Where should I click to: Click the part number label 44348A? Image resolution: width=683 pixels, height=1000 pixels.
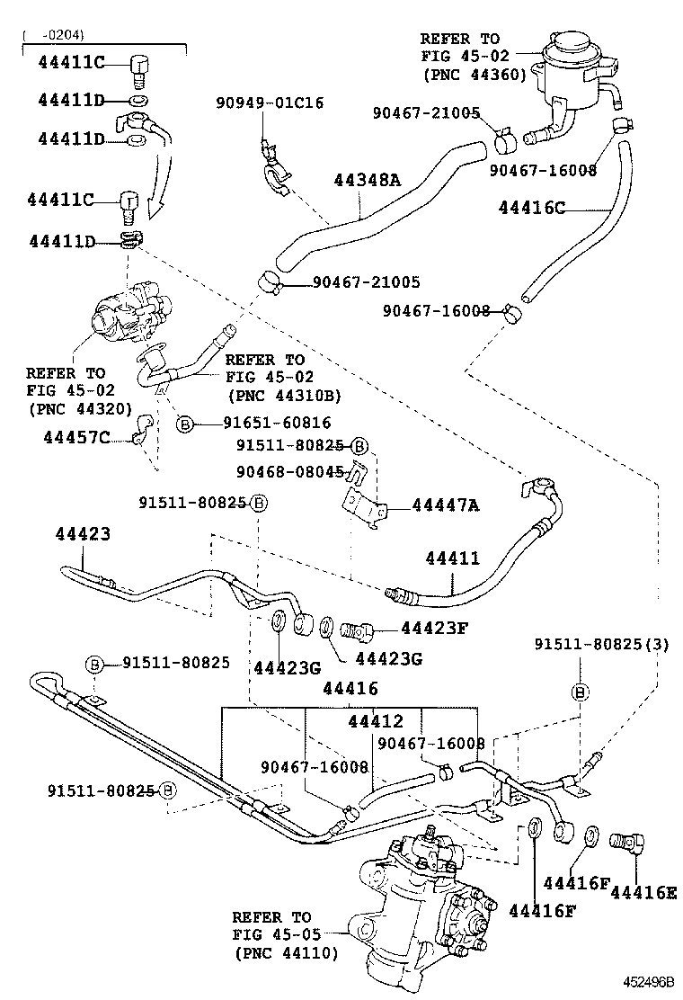pyautogui.click(x=367, y=180)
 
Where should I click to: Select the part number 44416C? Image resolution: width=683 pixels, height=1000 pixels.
pyautogui.click(x=532, y=209)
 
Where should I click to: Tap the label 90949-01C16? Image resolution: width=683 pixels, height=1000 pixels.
pyautogui.click(x=270, y=103)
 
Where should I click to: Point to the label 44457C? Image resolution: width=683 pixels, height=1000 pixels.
pyautogui.click(x=76, y=437)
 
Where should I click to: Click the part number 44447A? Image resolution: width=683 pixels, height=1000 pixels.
pyautogui.click(x=446, y=505)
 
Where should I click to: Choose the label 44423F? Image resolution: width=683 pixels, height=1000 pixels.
pyautogui.click(x=434, y=628)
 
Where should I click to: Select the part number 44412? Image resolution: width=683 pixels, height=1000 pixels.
pyautogui.click(x=377, y=721)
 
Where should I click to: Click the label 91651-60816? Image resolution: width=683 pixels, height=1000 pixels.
pyautogui.click(x=264, y=423)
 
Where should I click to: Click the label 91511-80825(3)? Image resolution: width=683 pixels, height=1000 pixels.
pyautogui.click(x=601, y=644)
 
